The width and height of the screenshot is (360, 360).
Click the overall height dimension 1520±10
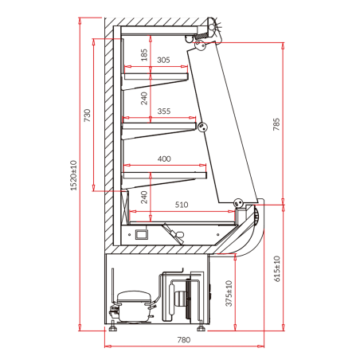(73, 175)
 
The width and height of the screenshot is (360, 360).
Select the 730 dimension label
(87, 115)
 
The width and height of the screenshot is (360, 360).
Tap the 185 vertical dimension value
(144, 55)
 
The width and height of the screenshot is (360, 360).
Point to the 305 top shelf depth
(163, 60)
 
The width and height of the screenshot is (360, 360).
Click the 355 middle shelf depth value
(164, 111)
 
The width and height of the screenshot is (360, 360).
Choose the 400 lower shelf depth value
(164, 158)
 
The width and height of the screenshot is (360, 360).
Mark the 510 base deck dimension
(182, 205)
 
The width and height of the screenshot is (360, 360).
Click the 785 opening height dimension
(276, 124)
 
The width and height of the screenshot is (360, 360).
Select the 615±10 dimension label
(276, 268)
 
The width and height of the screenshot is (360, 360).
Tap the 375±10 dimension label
(229, 293)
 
